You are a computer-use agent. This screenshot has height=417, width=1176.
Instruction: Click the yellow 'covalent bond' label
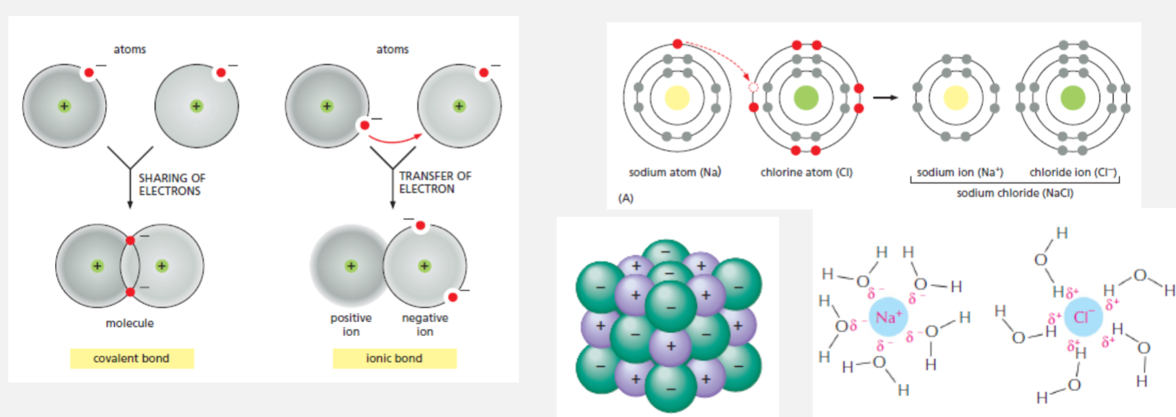coord(131,358)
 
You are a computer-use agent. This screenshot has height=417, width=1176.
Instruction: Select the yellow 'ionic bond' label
coord(394,358)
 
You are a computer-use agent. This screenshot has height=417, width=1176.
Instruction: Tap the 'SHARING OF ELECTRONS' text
coord(171,184)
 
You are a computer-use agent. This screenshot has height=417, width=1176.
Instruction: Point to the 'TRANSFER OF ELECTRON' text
coord(435,182)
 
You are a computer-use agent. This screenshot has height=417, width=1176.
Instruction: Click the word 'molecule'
coord(129,323)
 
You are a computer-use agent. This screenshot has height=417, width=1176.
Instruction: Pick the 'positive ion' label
coord(351,324)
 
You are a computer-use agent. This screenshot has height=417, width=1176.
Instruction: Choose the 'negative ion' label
coord(425,324)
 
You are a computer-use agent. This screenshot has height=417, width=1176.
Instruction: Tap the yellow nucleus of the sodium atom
coord(677,98)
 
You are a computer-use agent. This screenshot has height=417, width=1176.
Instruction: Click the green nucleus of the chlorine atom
coord(806,98)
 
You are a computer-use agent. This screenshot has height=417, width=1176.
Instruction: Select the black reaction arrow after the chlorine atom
coord(885,98)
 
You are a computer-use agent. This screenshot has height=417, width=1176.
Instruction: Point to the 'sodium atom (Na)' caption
coord(675,172)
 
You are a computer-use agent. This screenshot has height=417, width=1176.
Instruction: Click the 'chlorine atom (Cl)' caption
coord(806,172)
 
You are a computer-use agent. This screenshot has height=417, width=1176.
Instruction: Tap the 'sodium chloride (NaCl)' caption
coord(1014,193)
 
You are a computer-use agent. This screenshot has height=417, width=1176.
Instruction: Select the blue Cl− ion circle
coord(1083,317)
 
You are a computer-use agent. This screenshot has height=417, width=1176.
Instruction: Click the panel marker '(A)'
coord(625,198)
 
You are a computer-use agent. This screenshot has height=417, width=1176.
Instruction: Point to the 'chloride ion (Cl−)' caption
coord(1073,172)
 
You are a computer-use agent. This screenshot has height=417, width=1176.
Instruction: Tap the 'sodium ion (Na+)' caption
coord(959,172)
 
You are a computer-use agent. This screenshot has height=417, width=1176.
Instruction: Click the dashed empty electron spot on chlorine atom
coord(753,87)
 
